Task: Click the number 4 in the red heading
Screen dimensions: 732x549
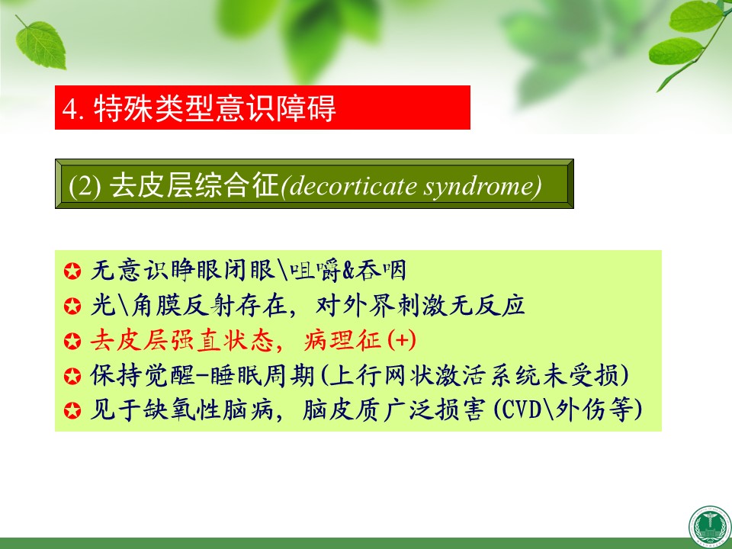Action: [x=69, y=109]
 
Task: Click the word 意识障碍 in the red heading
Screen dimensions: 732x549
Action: [x=275, y=108]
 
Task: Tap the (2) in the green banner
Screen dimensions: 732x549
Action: [x=85, y=186]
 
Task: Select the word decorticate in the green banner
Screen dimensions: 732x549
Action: [x=353, y=186]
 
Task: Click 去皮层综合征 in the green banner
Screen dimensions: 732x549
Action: [x=194, y=185]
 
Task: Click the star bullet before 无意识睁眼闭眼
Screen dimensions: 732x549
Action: [x=72, y=271]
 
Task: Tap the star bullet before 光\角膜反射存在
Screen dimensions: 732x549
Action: [x=72, y=307]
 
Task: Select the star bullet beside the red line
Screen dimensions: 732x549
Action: [x=72, y=341]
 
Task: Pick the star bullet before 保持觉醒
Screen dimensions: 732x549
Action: [x=72, y=376]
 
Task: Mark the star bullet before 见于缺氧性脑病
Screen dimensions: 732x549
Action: [x=72, y=411]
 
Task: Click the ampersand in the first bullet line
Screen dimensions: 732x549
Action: [x=348, y=271]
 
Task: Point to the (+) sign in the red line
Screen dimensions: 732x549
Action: [x=402, y=340]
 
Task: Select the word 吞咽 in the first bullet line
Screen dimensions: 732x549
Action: [x=380, y=270]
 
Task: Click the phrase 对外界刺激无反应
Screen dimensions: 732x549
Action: [x=420, y=305]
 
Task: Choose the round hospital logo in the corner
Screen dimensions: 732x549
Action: [x=710, y=527]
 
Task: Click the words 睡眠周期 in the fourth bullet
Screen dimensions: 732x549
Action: [x=262, y=375]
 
